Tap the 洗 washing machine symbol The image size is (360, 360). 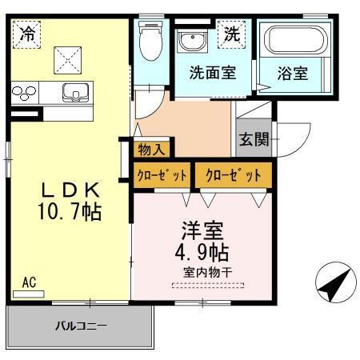[231, 34]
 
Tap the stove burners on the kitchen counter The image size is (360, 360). [24, 93]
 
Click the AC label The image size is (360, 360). [29, 282]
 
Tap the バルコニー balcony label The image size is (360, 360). [81, 326]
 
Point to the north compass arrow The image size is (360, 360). [335, 283]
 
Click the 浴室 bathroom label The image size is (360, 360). [293, 73]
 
